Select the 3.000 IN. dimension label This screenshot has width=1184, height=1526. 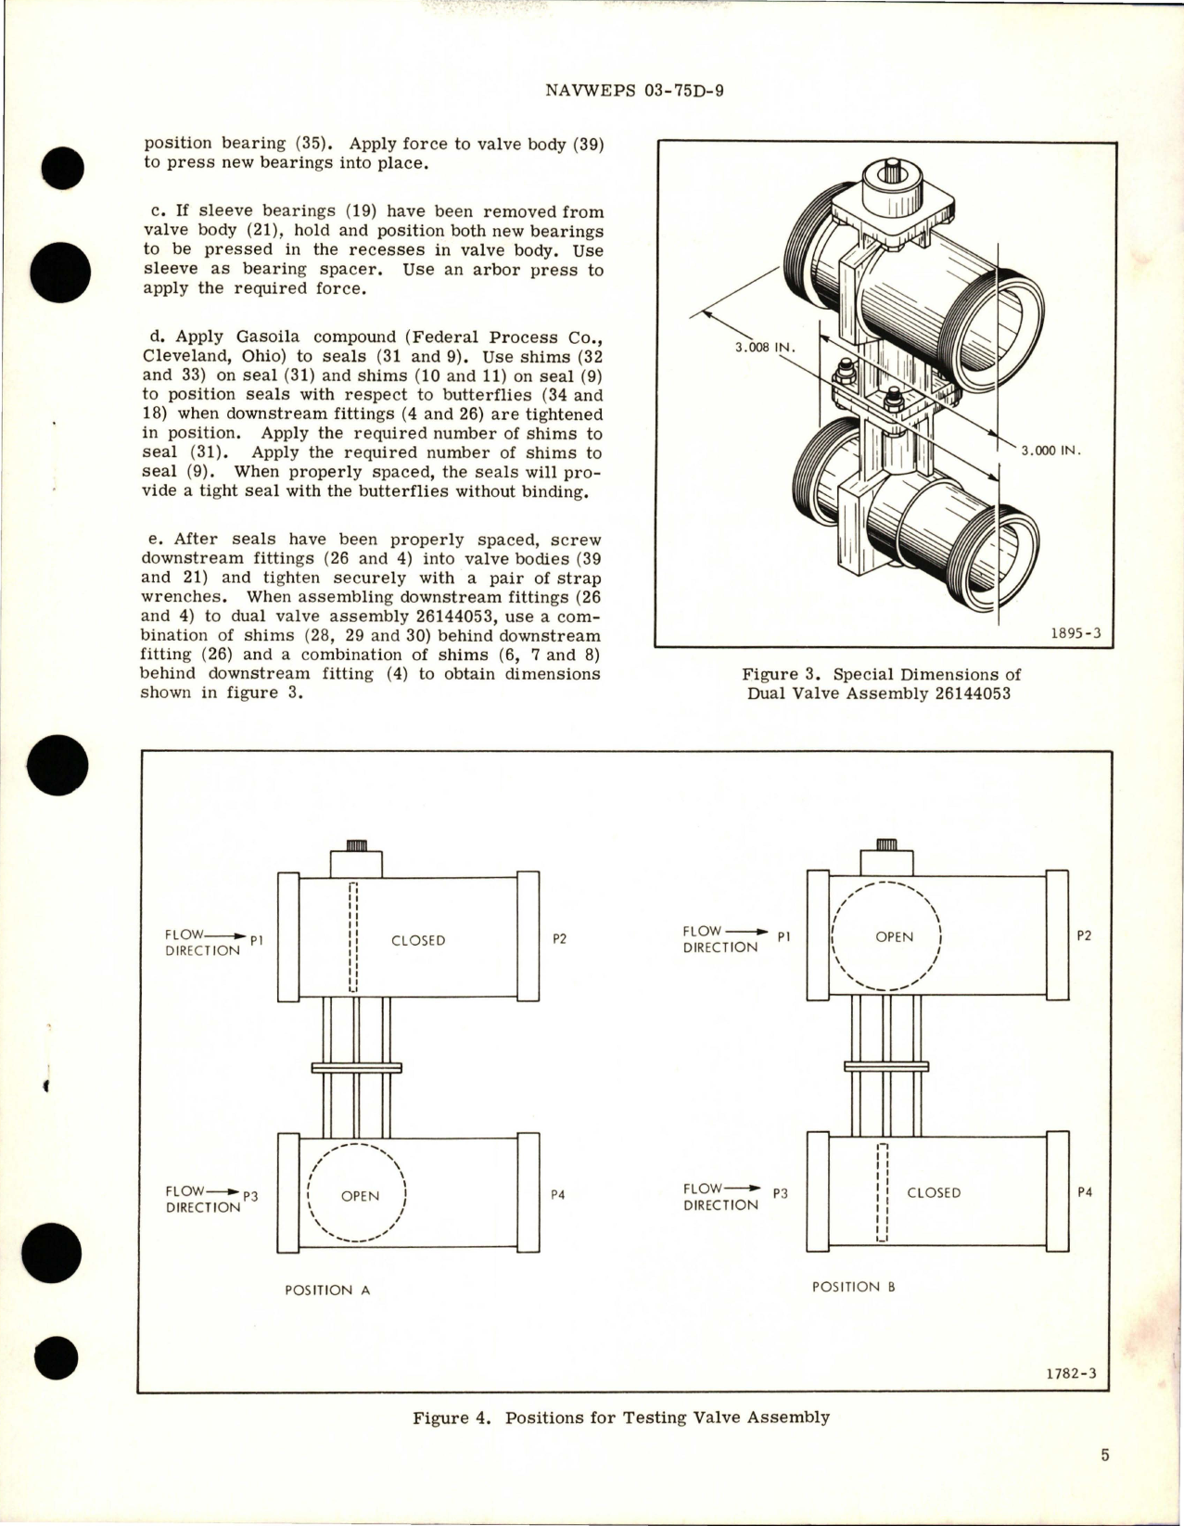(1051, 451)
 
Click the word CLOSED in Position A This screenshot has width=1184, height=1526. (418, 940)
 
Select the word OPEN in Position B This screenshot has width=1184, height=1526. (894, 937)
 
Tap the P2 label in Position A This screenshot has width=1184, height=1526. (559, 938)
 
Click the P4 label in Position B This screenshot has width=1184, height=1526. (1085, 1192)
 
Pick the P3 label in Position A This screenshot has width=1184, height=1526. (249, 1196)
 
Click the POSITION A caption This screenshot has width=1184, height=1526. (327, 1290)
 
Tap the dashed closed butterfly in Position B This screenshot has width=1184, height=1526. (883, 1192)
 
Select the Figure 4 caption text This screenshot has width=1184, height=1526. (620, 1418)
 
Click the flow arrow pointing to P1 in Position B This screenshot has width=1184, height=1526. (745, 932)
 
